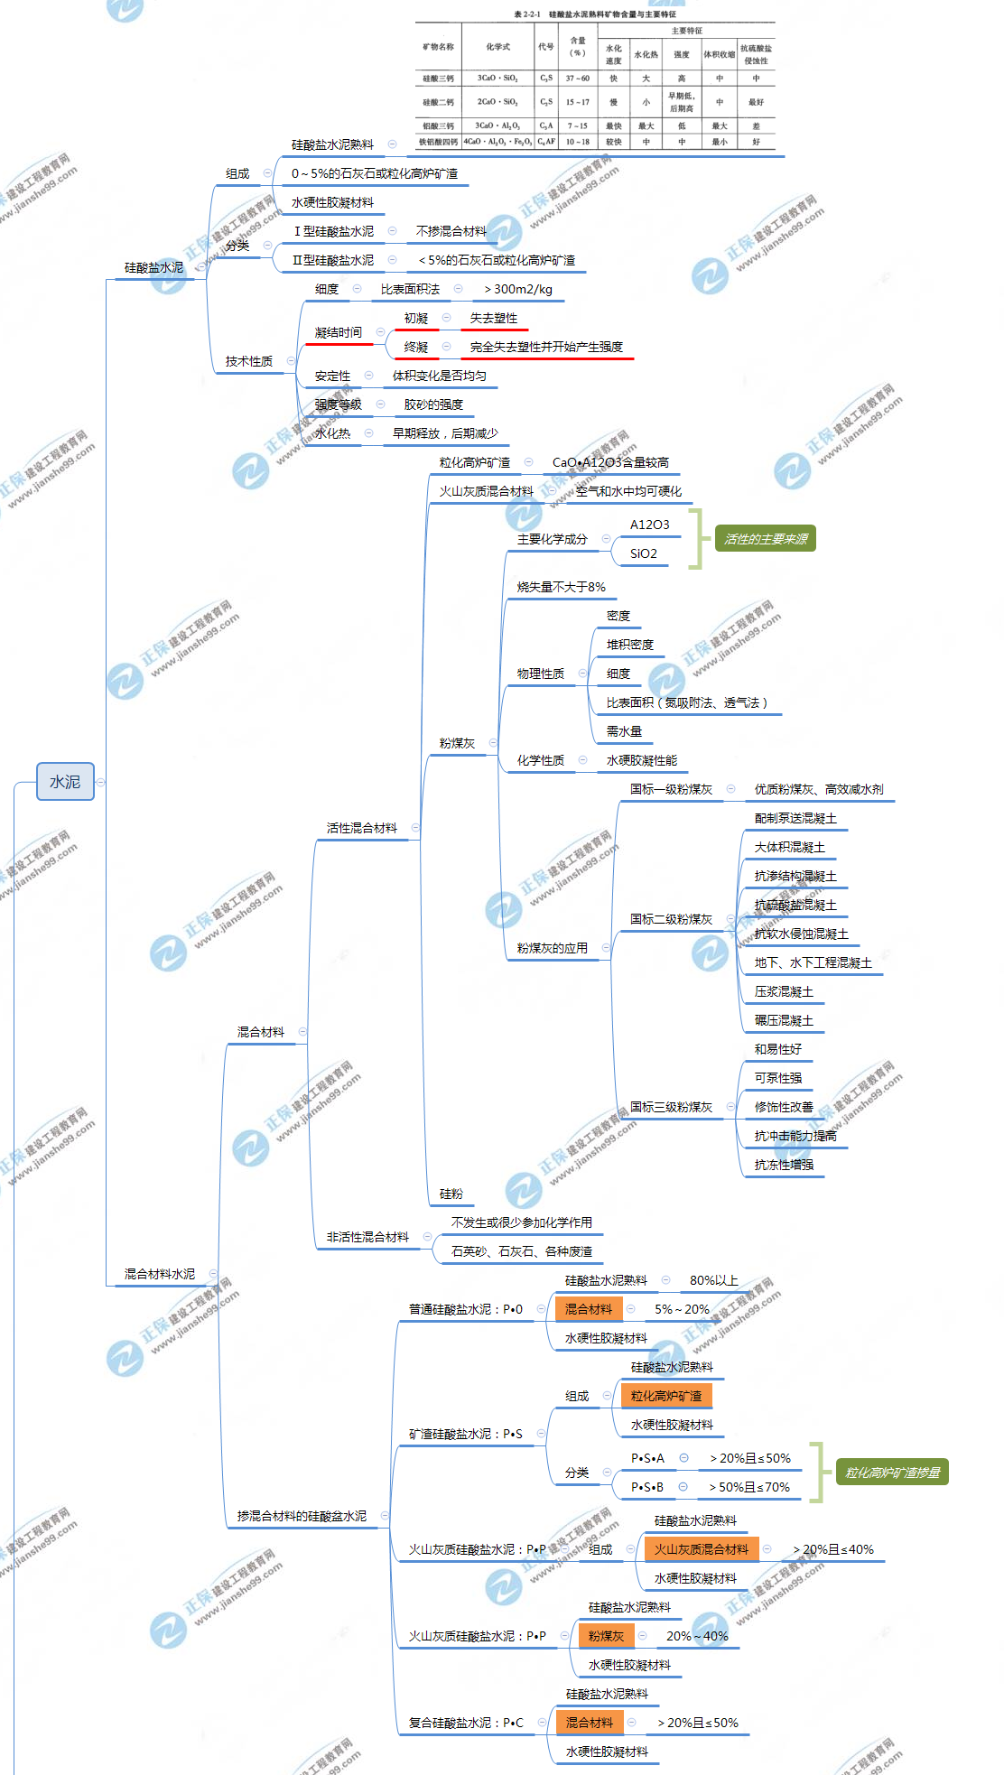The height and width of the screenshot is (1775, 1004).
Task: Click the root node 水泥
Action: [65, 782]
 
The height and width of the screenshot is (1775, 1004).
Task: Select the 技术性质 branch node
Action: [248, 361]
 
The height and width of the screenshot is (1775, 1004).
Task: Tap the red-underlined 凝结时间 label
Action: [339, 333]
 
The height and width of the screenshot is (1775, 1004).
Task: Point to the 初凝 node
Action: [416, 319]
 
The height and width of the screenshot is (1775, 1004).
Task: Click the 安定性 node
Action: [332, 376]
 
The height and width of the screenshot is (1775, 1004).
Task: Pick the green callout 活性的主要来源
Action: [766, 539]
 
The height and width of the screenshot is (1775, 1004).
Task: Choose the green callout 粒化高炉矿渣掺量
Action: [892, 1473]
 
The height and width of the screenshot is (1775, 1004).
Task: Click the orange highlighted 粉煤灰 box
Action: [606, 1636]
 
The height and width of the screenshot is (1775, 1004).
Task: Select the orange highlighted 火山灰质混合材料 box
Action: [702, 1549]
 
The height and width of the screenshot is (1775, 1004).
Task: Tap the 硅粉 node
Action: [451, 1194]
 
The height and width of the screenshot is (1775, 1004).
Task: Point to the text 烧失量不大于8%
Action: [561, 587]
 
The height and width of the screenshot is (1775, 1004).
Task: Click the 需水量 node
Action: [624, 731]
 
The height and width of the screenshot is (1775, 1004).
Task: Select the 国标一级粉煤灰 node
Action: [671, 789]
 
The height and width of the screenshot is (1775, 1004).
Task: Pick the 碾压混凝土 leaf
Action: [784, 1020]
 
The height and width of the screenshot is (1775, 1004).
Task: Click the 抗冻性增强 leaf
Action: [784, 1165]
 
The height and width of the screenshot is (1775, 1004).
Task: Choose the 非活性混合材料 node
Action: [367, 1237]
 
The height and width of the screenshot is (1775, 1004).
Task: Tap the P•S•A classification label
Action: [647, 1458]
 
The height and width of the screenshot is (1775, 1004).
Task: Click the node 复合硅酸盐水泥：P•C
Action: [466, 1723]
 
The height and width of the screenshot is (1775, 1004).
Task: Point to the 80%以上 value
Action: [713, 1280]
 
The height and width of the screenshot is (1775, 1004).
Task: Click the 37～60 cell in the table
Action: [578, 79]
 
